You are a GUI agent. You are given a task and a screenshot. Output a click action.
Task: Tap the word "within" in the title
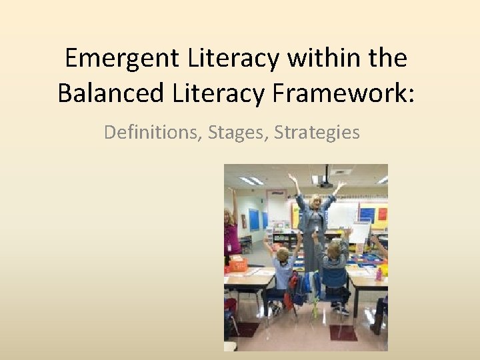coord(319,59)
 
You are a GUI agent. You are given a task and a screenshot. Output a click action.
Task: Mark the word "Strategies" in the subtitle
coord(317,132)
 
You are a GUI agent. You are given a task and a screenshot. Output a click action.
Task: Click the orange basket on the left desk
coord(237,266)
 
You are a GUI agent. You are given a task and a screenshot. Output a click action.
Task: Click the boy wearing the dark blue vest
coord(333,267)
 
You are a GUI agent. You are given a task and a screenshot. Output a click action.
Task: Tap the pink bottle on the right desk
coord(379,273)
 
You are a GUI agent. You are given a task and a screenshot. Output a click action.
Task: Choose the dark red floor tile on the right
coord(343,333)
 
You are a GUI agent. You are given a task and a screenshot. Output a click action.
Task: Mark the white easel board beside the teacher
coord(360,233)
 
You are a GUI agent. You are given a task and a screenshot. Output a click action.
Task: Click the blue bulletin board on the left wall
coord(254,219)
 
